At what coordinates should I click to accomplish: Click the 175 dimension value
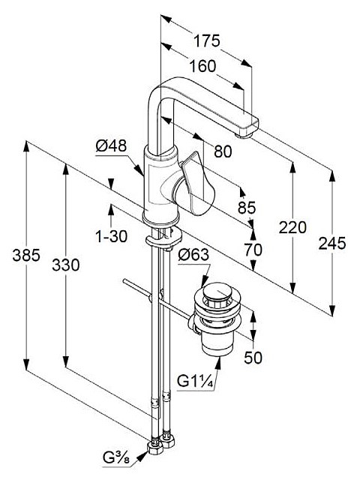tap(207, 41)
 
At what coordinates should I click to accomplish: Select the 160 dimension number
tap(202, 66)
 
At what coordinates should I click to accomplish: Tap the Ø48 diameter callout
tap(111, 146)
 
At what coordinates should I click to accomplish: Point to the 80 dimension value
tap(223, 151)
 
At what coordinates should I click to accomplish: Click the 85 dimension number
tap(247, 207)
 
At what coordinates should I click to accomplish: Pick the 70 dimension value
tap(253, 250)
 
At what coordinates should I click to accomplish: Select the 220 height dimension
tap(292, 227)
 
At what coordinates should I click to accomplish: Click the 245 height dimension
tap(332, 243)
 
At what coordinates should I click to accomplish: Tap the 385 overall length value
tap(26, 256)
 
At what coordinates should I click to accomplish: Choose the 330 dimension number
tap(66, 265)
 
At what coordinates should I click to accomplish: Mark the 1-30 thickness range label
tap(111, 237)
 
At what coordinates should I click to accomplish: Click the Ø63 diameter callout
tap(193, 255)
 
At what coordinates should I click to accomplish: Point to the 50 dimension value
tap(253, 358)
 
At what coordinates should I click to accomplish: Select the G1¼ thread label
tap(195, 381)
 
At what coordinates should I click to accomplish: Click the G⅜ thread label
tap(116, 458)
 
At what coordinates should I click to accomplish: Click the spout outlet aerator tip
tap(244, 135)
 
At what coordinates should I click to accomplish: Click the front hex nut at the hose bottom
tap(154, 448)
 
